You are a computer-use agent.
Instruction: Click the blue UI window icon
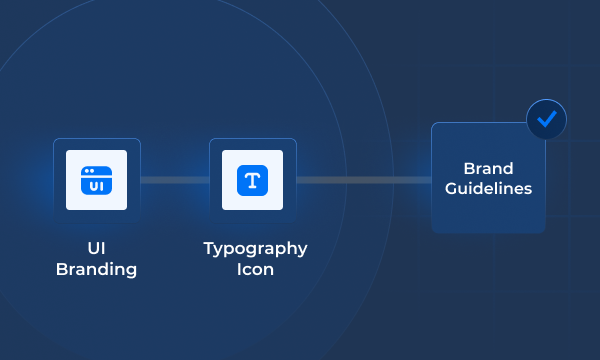tap(96, 180)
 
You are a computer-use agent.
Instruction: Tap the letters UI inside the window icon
tap(96, 185)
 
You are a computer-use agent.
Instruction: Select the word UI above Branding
tap(96, 249)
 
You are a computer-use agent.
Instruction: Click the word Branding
tap(96, 270)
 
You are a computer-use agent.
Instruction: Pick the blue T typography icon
tap(253, 180)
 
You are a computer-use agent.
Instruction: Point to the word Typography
tap(255, 249)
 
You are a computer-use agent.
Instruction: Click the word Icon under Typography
tap(255, 270)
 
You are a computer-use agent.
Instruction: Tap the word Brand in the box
tap(488, 168)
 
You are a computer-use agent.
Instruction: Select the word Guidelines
tap(490, 188)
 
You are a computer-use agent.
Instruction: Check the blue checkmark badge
tap(546, 120)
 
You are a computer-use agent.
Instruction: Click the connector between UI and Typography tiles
tap(174, 180)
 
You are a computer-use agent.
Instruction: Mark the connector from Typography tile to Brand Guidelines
tap(363, 180)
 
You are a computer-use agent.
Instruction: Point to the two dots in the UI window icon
tap(89, 171)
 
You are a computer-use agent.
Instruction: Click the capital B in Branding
tap(61, 270)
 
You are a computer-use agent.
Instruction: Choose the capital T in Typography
tap(208, 249)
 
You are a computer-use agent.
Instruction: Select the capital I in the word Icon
tap(238, 270)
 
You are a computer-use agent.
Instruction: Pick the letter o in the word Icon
tap(257, 270)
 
